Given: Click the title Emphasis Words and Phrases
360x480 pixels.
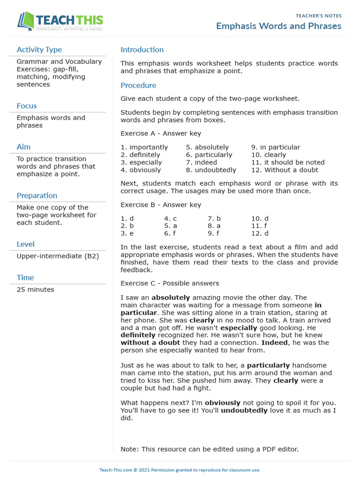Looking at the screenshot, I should pos(278,26).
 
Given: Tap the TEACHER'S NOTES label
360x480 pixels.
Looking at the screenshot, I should pos(318,16).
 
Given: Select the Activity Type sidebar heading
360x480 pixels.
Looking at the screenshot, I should pos(39,50).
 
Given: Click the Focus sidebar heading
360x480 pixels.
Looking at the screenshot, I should pos(26,106).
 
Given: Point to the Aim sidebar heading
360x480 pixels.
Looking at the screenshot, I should pos(23,147).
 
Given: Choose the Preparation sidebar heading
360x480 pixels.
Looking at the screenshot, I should pos(37,195).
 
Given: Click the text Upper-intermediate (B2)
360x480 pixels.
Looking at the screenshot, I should pos(58,256).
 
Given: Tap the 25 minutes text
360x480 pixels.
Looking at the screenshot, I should pos(35,290).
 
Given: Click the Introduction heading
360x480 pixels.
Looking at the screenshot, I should pos(142,50).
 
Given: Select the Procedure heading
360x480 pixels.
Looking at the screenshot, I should pos(138,85).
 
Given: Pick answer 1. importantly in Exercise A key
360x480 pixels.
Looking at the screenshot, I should pos(144,147).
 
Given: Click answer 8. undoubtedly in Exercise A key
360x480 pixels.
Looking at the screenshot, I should pos(211,170).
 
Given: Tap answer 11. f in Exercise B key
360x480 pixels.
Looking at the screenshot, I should pos(259,225).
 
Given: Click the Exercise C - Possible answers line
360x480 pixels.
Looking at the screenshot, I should pos(170,283).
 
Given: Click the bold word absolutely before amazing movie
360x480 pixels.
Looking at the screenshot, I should pos(171,298).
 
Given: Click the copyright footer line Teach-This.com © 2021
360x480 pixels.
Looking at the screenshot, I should pos(180,470).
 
